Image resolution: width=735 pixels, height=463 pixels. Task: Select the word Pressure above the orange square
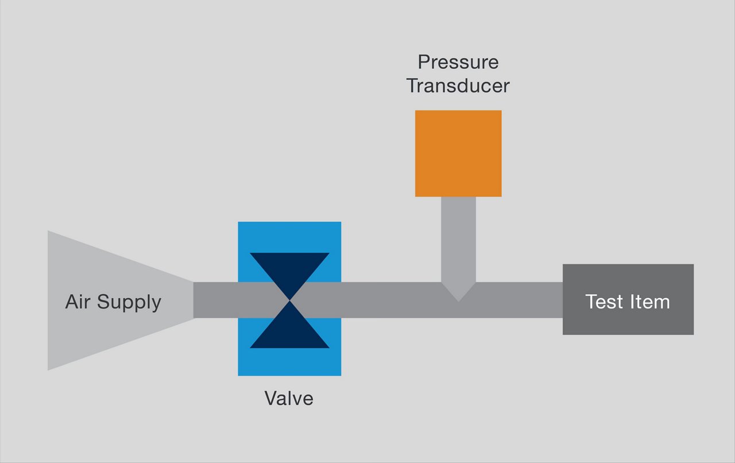click(x=458, y=62)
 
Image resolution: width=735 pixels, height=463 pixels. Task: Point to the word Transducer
click(x=458, y=86)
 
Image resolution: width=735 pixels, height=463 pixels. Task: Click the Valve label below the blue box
click(x=289, y=398)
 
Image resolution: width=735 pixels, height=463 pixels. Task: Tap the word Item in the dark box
click(x=651, y=302)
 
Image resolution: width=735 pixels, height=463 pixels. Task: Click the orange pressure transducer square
click(x=458, y=153)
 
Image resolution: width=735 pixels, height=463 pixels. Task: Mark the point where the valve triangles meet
click(x=289, y=300)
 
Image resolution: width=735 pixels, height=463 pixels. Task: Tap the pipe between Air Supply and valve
click(x=215, y=300)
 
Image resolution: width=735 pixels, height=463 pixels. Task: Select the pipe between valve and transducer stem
click(x=390, y=300)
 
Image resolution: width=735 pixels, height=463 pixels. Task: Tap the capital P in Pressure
click(x=423, y=62)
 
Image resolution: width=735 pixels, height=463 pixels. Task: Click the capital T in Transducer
click(x=413, y=86)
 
